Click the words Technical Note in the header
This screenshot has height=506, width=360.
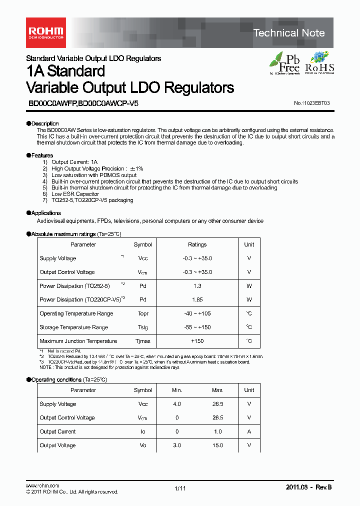289,33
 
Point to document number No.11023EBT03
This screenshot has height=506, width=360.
311,103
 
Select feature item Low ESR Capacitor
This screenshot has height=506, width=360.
75,194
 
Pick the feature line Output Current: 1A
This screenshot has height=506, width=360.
74,162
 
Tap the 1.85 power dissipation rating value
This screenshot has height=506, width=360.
197,300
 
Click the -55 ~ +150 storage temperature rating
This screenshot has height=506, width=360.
197,327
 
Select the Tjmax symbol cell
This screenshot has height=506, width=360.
142,341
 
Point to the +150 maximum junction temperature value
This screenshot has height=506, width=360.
197,341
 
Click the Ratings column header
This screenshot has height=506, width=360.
197,244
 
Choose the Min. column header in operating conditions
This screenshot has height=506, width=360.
177,390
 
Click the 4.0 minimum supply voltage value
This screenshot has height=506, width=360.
177,404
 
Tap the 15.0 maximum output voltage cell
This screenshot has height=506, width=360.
217,445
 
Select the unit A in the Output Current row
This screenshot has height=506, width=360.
249,431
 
